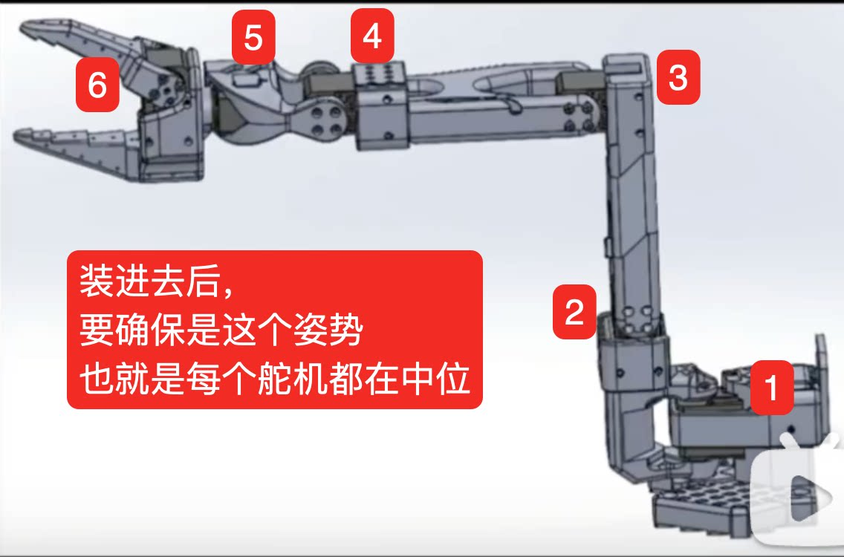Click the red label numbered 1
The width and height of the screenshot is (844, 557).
point(772,387)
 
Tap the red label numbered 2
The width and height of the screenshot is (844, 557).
point(574,312)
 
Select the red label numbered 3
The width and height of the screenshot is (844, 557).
point(677,77)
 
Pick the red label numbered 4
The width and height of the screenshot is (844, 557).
point(372,36)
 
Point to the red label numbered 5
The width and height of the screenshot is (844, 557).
point(253,37)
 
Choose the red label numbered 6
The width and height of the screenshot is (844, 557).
point(97,85)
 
